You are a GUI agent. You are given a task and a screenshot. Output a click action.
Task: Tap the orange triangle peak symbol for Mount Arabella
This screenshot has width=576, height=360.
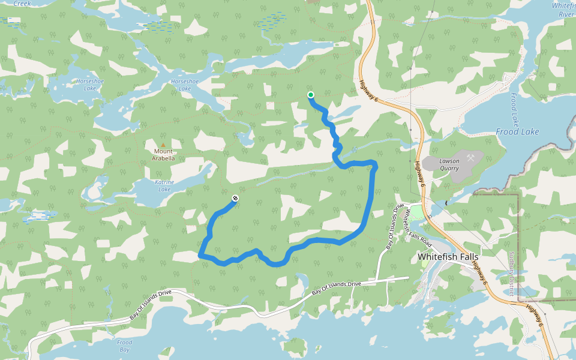coord(163,145)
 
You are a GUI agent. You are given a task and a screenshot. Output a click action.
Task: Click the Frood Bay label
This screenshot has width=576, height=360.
coord(124,346)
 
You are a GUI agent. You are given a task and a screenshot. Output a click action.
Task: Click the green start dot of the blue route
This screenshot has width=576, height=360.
coord(311,95)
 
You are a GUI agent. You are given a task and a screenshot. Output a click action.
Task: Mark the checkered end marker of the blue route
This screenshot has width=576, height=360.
coord(235,199)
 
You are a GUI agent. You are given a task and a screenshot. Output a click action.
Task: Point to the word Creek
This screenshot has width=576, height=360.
coord(22,3)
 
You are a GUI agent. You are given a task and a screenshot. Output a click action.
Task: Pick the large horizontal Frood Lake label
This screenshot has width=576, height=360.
coord(517,131)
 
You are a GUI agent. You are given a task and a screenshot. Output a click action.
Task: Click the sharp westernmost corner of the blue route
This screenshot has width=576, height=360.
coord(199,256)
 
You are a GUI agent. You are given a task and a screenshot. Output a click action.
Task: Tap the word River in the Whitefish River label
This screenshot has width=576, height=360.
coord(566,14)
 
